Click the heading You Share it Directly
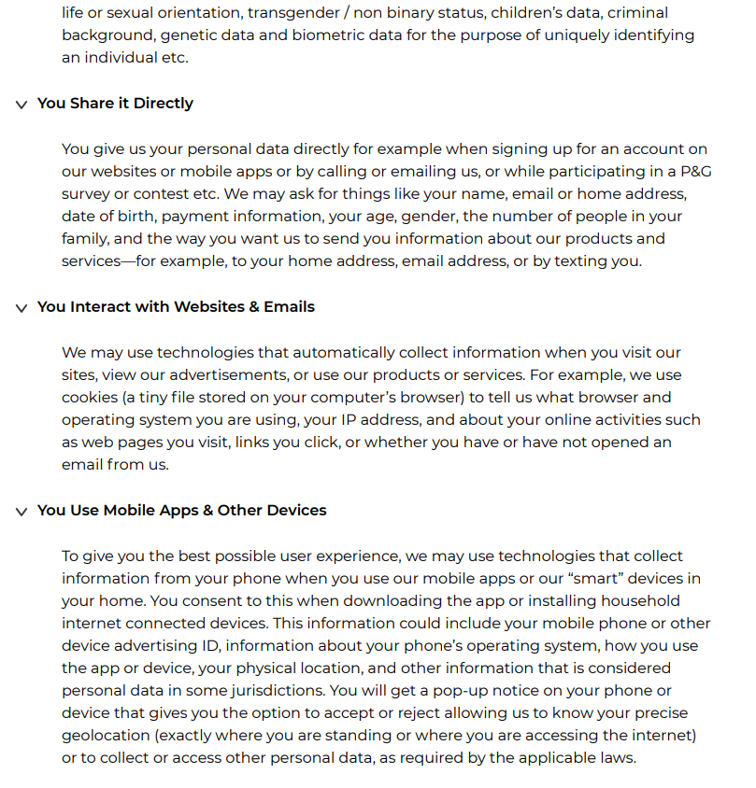pyautogui.click(x=115, y=103)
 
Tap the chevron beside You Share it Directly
pyautogui.click(x=21, y=104)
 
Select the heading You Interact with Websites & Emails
pyautogui.click(x=176, y=306)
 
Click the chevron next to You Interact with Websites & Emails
pyautogui.click(x=21, y=307)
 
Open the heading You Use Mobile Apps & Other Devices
pyautogui.click(x=181, y=510)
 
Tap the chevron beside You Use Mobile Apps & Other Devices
pyautogui.click(x=21, y=511)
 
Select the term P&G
pyautogui.click(x=688, y=172)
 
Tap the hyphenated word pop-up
pyautogui.click(x=531, y=691)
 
